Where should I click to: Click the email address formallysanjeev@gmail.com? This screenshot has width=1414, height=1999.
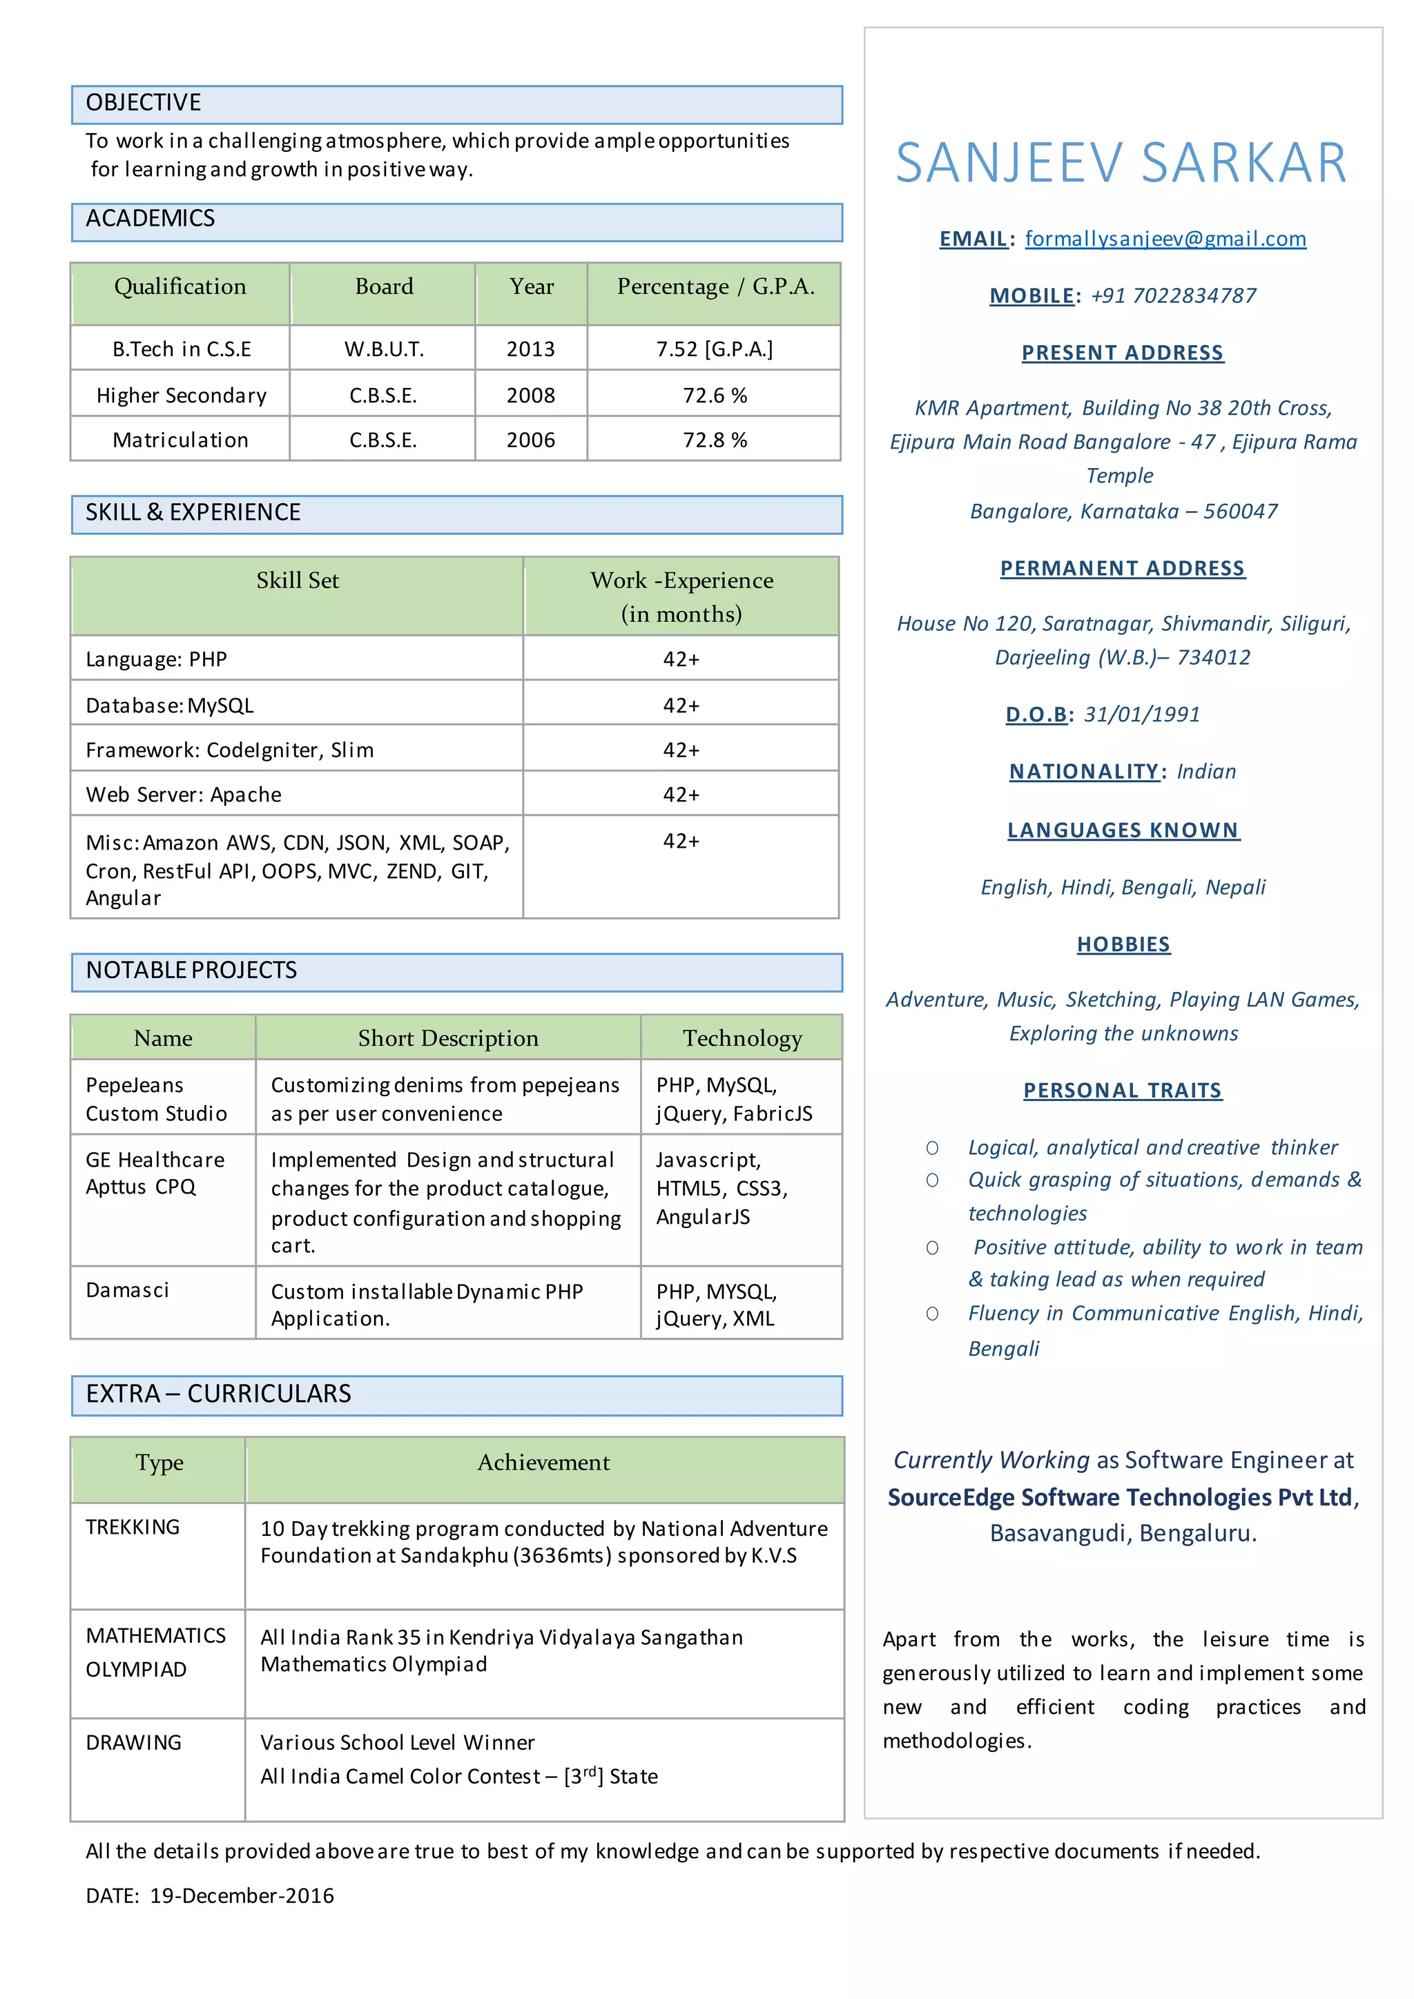(1165, 239)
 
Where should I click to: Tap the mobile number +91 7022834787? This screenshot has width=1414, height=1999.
(1173, 296)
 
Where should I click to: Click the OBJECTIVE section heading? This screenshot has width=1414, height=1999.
(144, 104)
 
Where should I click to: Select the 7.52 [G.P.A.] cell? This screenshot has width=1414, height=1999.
(714, 349)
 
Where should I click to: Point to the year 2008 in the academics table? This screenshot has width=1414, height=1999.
(530, 396)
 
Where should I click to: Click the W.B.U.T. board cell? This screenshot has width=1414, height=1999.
(383, 349)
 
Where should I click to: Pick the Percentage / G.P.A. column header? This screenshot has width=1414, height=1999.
(715, 286)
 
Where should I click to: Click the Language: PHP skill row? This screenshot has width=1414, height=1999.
(157, 659)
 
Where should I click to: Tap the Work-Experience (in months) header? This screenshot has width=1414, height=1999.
(681, 596)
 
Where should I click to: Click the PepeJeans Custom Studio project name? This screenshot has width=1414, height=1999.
(157, 1099)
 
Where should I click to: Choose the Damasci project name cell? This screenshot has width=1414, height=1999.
(128, 1289)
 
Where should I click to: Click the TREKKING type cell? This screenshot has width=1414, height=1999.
(133, 1526)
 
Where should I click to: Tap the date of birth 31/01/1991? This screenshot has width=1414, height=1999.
(1141, 715)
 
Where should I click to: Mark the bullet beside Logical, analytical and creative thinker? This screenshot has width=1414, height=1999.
(931, 1149)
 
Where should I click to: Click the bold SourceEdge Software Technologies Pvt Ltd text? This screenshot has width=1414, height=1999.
(1120, 1496)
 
